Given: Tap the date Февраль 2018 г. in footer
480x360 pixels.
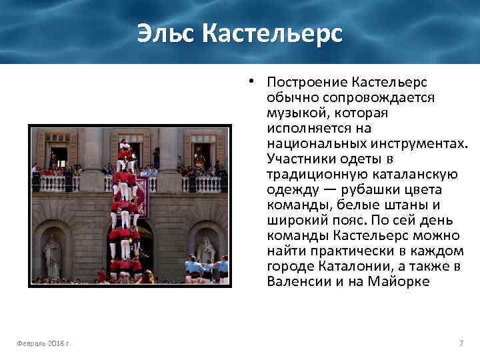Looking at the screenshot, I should pos(45,343).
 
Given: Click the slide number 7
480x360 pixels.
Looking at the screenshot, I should pos(461,343).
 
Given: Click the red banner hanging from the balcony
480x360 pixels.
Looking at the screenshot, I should pos(141,198).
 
